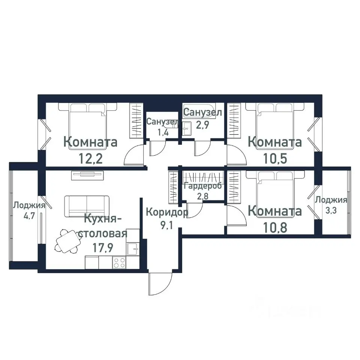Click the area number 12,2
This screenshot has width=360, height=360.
[x=90, y=158]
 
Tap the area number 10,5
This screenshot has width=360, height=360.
[x=275, y=158]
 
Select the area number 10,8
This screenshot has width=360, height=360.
[x=275, y=228]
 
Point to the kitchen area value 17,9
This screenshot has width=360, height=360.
[x=103, y=247]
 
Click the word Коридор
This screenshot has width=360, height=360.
[x=167, y=212]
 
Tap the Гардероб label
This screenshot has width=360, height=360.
[x=203, y=186]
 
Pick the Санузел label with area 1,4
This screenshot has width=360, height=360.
[x=162, y=127]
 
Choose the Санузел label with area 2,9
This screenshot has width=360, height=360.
[x=203, y=118]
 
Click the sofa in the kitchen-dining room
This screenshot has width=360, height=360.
[x=87, y=206]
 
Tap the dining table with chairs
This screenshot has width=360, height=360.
[x=68, y=241]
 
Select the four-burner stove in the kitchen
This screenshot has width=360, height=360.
[x=119, y=262]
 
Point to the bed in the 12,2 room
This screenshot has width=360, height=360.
[x=87, y=126]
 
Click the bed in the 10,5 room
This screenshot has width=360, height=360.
[x=275, y=126]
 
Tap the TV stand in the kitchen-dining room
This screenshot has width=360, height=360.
[x=88, y=175]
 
